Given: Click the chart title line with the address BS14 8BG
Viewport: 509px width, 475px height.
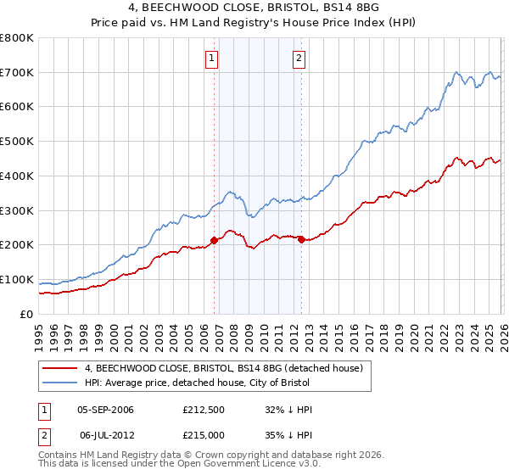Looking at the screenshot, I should (x=254, y=8).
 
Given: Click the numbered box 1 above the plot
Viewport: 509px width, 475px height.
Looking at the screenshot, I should (x=211, y=59).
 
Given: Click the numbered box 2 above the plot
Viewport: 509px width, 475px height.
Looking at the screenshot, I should (x=299, y=59).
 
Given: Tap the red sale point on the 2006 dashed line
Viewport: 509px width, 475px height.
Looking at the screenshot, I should (x=214, y=240).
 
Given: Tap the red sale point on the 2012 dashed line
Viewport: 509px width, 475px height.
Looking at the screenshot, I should (x=301, y=239).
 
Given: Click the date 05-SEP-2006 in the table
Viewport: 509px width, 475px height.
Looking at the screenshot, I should (x=105, y=409).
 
